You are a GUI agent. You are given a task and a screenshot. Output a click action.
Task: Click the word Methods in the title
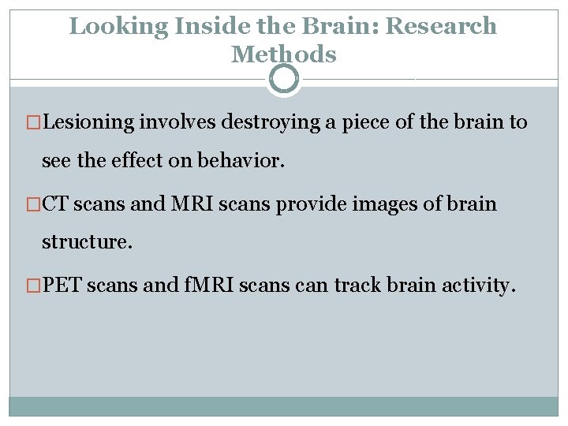(284, 54)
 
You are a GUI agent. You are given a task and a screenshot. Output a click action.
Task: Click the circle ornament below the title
(284, 79)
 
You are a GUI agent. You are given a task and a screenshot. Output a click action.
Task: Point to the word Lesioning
(88, 123)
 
